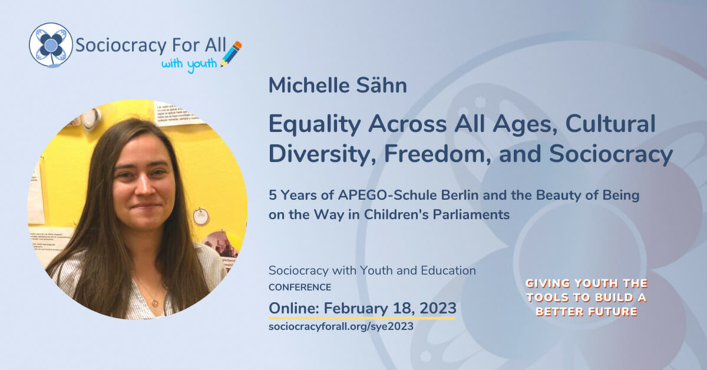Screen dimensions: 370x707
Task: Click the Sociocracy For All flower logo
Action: tap(51, 44)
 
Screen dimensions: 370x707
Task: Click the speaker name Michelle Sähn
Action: tap(338, 85)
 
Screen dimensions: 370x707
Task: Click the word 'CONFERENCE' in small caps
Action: tap(299, 288)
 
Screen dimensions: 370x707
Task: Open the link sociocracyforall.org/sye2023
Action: tap(341, 325)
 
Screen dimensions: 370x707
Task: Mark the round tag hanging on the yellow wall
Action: tap(201, 216)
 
